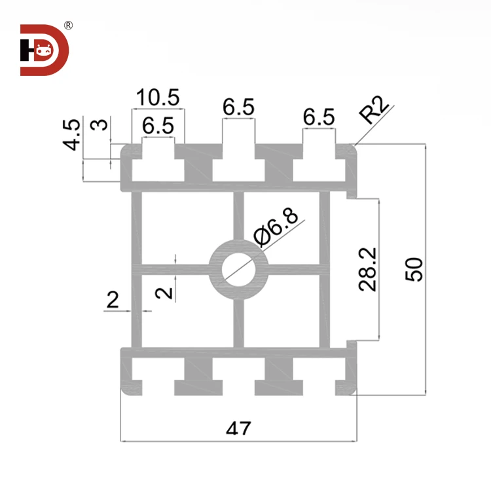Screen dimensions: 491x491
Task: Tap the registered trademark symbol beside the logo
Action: tap(68, 26)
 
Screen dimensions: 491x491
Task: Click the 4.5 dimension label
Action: tap(73, 134)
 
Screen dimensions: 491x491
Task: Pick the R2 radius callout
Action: tap(375, 111)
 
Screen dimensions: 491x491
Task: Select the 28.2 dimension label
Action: tap(367, 269)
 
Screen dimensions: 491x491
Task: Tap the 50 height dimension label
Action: tap(414, 269)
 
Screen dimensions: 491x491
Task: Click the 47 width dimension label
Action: tap(238, 429)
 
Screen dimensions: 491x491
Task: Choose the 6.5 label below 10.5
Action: tap(158, 126)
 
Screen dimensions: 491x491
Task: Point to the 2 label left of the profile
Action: tap(113, 300)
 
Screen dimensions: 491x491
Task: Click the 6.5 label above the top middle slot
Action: tap(238, 107)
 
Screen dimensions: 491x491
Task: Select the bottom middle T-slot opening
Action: tap(238, 376)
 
